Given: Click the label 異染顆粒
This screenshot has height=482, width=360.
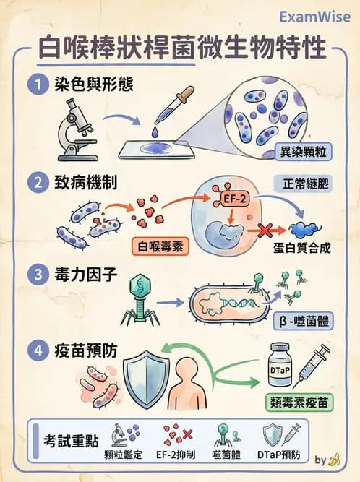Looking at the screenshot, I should [x=307, y=153].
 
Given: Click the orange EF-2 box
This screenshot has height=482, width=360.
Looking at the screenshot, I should [x=224, y=196].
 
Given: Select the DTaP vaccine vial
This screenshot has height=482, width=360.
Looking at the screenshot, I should [x=282, y=365].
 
